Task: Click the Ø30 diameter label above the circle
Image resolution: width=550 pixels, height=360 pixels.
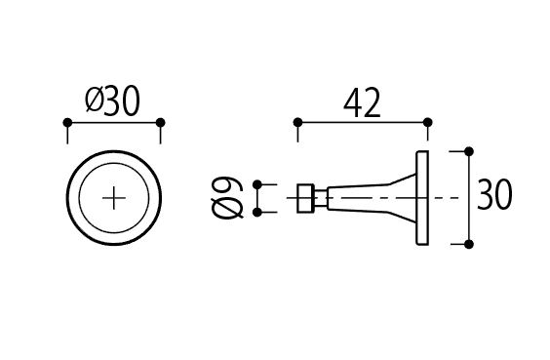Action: pos(112,101)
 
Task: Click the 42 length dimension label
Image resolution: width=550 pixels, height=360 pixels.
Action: pos(362,103)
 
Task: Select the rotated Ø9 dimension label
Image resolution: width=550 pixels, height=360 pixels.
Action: pos(227,198)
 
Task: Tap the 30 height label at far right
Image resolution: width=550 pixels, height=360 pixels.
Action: pos(494,194)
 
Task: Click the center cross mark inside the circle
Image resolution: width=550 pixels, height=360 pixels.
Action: pos(114,198)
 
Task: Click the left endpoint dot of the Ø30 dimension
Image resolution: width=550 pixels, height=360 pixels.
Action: pos(67,123)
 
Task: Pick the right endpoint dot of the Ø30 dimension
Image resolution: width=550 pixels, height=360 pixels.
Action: pos(160,123)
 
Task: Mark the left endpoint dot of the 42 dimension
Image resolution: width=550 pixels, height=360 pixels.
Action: pos(297,123)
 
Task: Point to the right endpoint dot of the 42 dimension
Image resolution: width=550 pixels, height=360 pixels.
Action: pos(427,123)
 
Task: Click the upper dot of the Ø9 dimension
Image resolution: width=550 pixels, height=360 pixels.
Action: pos(257,184)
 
